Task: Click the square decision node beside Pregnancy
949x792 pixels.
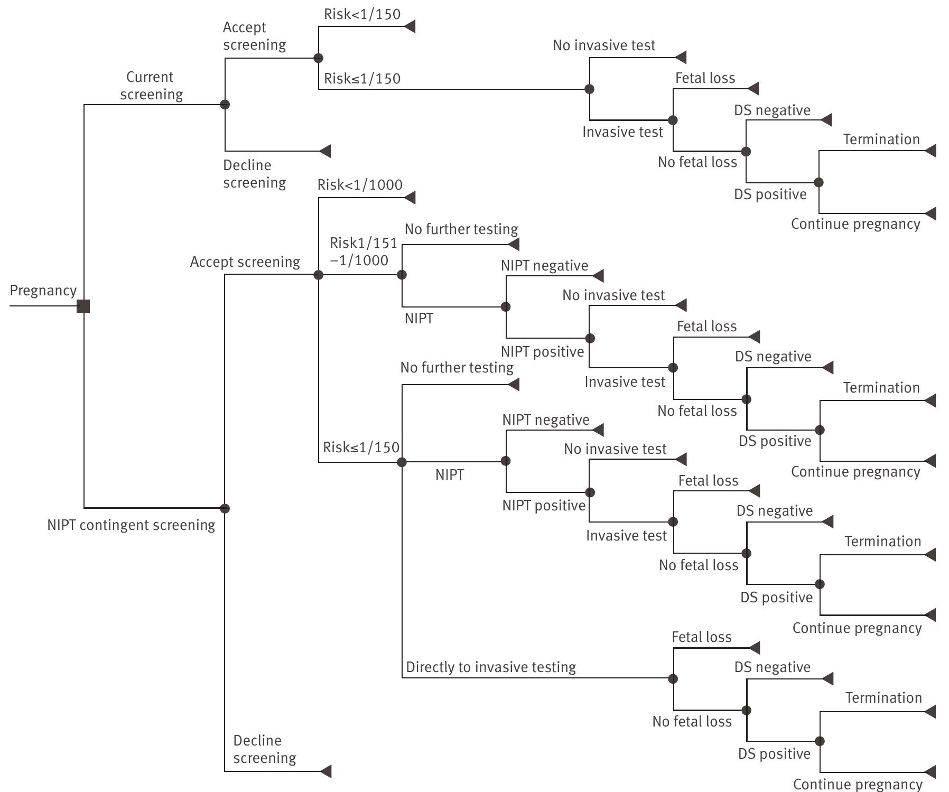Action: [83, 306]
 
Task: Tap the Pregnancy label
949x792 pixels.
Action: [43, 291]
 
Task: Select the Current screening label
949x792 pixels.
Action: [151, 86]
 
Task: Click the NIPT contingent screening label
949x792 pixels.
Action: [131, 525]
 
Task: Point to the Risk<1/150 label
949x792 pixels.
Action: [362, 14]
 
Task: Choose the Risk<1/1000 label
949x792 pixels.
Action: [360, 185]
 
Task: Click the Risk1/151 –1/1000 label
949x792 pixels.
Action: [362, 251]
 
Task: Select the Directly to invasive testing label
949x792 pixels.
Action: [491, 667]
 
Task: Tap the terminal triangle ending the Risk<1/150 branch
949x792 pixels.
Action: [410, 26]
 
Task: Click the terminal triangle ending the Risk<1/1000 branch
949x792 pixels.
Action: [410, 198]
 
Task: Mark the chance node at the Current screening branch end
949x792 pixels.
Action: [225, 105]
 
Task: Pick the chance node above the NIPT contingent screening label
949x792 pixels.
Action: [225, 509]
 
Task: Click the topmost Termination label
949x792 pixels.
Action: [881, 139]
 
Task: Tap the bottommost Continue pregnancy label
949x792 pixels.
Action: [858, 785]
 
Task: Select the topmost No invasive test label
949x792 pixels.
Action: [604, 45]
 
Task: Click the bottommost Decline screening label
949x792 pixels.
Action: [264, 749]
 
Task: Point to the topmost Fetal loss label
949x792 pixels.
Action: [705, 78]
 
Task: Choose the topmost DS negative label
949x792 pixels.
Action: [772, 110]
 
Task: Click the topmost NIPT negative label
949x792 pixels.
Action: [544, 266]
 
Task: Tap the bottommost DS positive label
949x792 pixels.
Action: [774, 754]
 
